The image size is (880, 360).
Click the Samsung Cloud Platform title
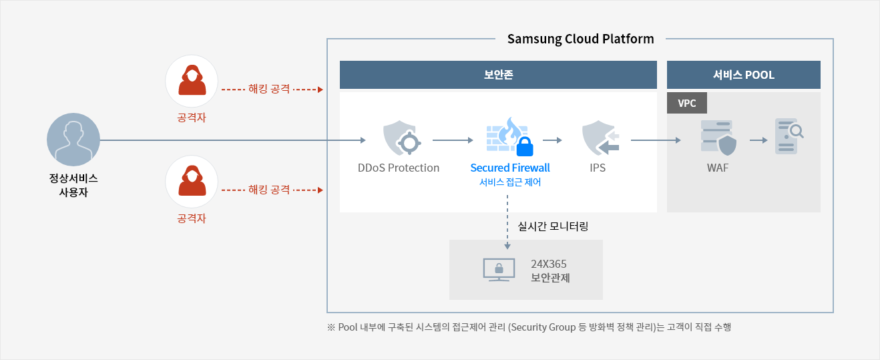[580, 39]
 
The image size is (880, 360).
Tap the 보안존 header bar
[498, 75]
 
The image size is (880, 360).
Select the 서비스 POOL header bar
[743, 75]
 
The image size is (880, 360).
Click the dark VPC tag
[687, 103]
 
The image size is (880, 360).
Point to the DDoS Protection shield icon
[401, 138]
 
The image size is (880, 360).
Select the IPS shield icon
[600, 138]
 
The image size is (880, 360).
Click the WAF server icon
[718, 138]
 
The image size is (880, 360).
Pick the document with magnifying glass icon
[789, 136]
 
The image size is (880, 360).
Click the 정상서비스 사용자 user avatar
[73, 140]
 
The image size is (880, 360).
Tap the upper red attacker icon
[192, 81]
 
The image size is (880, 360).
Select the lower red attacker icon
[192, 182]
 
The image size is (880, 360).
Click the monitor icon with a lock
[499, 270]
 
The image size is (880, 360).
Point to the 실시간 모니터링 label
[553, 226]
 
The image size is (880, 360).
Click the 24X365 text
[548, 264]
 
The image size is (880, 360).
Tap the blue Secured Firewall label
[510, 168]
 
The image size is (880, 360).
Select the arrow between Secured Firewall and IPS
[552, 140]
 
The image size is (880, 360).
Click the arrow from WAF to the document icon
[758, 140]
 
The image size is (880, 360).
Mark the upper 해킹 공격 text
[269, 89]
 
